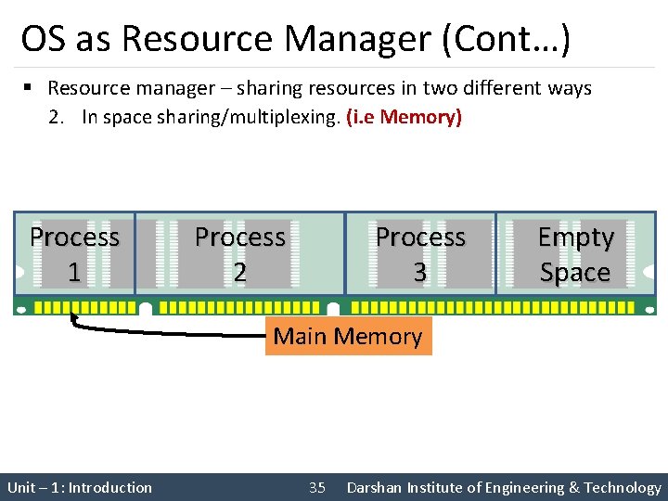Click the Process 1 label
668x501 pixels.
(x=74, y=254)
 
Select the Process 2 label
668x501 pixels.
(x=239, y=254)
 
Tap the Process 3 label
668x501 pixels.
(x=420, y=254)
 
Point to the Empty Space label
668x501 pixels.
(x=576, y=254)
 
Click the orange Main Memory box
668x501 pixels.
(x=348, y=336)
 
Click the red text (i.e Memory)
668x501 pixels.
(x=403, y=118)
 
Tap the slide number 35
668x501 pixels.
(x=317, y=488)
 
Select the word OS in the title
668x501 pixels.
(x=41, y=39)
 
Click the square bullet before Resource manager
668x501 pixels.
(x=29, y=88)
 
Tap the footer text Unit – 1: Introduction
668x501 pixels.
(x=80, y=488)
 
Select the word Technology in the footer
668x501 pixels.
(x=624, y=488)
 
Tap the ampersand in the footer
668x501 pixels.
(x=575, y=488)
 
